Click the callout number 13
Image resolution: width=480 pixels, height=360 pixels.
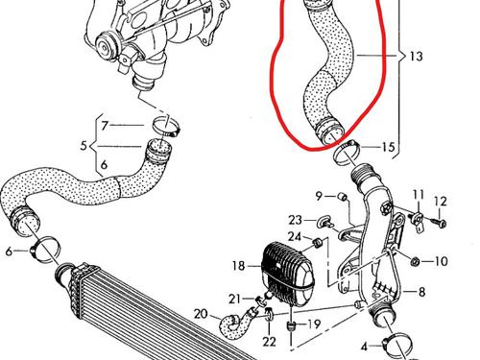(416, 57)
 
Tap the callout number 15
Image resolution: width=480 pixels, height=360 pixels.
(389, 147)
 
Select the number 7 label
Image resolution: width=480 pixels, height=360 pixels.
(105, 125)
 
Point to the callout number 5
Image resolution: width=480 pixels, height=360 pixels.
(84, 146)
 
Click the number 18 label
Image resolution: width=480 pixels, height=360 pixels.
(239, 266)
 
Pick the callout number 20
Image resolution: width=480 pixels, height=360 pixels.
(201, 314)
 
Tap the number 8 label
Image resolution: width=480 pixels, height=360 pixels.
(421, 292)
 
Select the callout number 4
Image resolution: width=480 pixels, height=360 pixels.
(364, 347)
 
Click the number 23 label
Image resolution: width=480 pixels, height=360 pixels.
(295, 220)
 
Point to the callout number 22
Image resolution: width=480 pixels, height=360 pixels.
(269, 342)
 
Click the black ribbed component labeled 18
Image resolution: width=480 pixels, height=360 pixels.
(287, 275)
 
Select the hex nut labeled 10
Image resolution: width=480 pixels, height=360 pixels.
(416, 262)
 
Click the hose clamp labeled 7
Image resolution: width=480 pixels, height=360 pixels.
(166, 127)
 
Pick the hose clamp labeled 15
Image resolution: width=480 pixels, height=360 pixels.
(347, 153)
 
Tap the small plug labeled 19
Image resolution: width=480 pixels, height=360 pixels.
(291, 326)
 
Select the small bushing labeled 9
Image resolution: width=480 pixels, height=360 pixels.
(343, 197)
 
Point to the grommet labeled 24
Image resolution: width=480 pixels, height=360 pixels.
(318, 243)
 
